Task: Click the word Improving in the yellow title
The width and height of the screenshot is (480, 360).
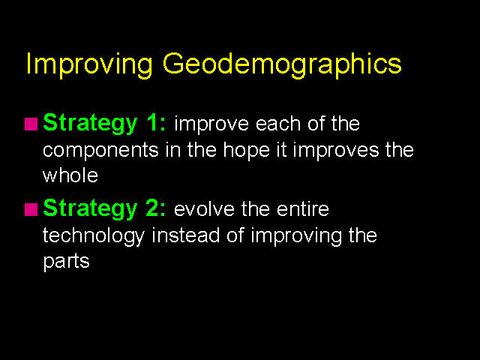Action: click(89, 65)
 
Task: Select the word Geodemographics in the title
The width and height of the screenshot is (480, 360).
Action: click(282, 65)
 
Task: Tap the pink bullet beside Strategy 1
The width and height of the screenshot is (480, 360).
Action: click(31, 124)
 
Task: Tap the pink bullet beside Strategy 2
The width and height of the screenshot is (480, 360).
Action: click(31, 209)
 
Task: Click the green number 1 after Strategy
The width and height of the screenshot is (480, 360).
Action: click(152, 122)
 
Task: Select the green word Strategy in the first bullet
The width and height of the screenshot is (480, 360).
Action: click(90, 124)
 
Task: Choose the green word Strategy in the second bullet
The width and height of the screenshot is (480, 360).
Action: click(90, 209)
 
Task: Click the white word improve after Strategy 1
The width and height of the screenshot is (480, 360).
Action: click(211, 125)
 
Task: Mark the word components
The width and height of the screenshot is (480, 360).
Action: click(100, 151)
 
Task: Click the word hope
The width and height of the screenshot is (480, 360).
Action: click(247, 151)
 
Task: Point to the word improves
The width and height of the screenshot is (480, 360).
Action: click(336, 151)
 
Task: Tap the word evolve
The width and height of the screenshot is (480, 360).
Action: click(204, 209)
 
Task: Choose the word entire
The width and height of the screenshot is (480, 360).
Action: click(303, 209)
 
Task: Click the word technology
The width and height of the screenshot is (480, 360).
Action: click(93, 236)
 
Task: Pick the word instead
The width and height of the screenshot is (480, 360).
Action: click(185, 235)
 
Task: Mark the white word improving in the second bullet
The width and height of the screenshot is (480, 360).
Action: click(296, 236)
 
